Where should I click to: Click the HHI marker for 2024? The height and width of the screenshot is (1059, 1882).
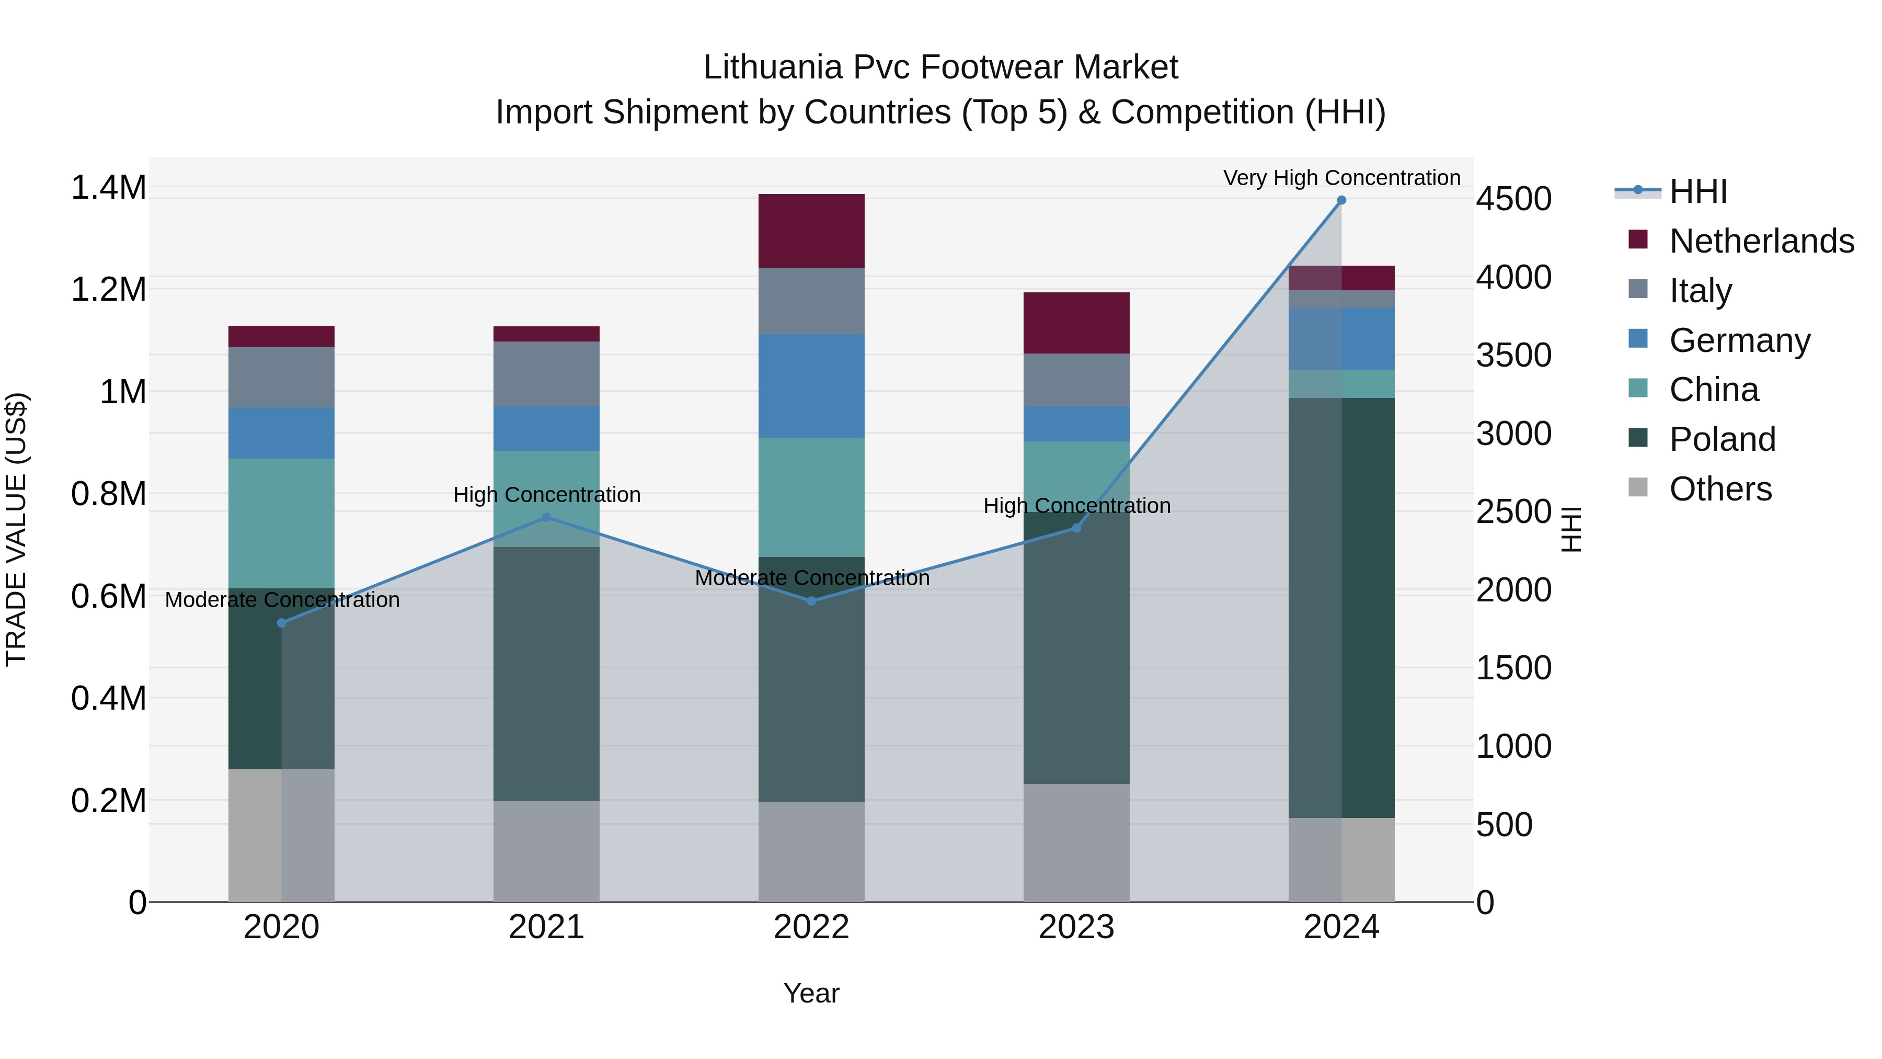pyautogui.click(x=1341, y=200)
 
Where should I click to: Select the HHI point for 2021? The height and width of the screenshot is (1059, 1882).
pyautogui.click(x=546, y=517)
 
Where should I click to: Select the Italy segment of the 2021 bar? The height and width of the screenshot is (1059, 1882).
pyautogui.click(x=546, y=373)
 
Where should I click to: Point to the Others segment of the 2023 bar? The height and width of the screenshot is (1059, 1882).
pyautogui.click(x=1076, y=842)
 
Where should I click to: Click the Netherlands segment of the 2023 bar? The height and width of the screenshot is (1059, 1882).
pyautogui.click(x=1076, y=323)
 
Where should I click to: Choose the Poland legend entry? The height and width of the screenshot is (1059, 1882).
pyautogui.click(x=1722, y=439)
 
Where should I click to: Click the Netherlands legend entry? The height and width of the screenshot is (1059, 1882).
pyautogui.click(x=1761, y=241)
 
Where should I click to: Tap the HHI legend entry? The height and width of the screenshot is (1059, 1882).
pyautogui.click(x=1698, y=191)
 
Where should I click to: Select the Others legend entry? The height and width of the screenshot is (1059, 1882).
pyautogui.click(x=1720, y=489)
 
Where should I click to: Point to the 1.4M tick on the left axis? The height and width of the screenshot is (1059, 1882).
pyautogui.click(x=108, y=188)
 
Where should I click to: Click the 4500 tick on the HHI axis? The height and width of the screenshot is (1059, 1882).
pyautogui.click(x=1514, y=199)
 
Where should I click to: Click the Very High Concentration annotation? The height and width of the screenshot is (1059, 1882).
pyautogui.click(x=1341, y=178)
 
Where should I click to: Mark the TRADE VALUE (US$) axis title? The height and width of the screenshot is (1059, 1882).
pyautogui.click(x=16, y=529)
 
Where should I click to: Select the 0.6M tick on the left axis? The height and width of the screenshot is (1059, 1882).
pyautogui.click(x=108, y=596)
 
